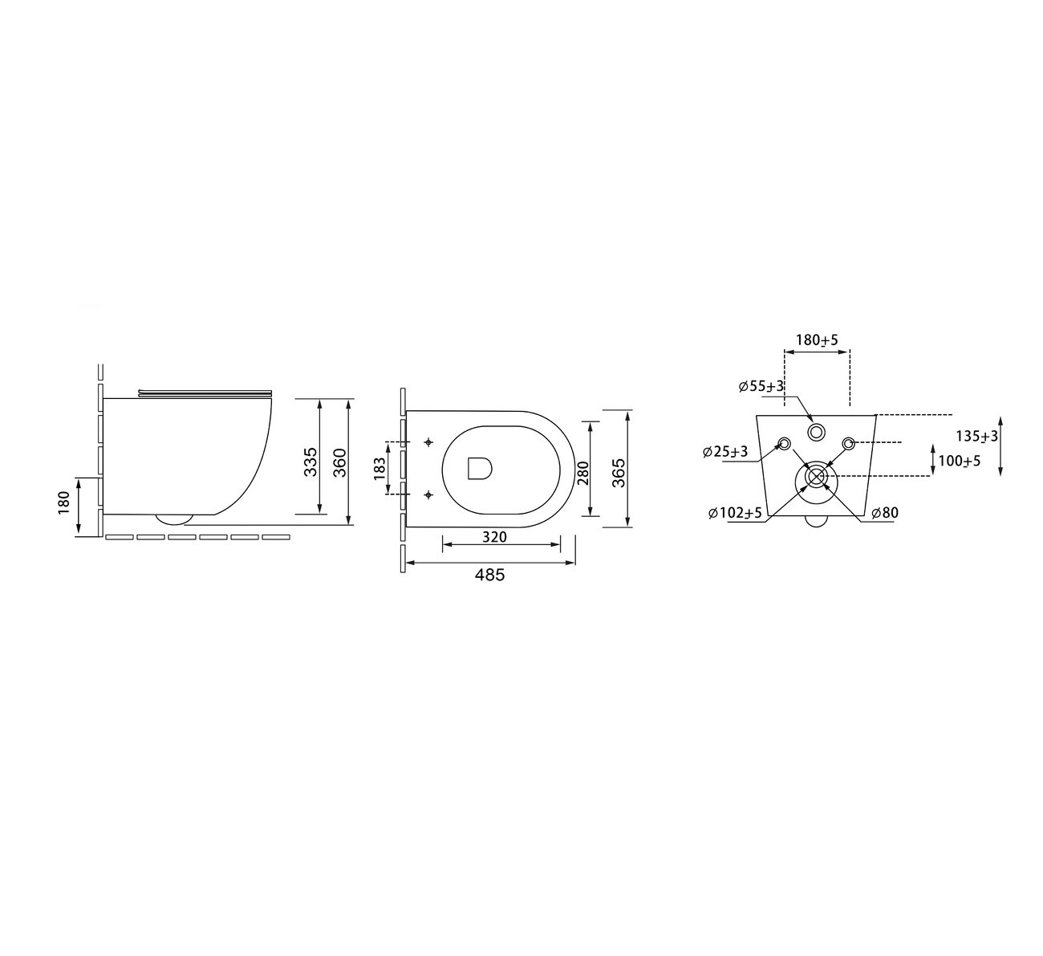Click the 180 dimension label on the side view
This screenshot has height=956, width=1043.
[x=64, y=502]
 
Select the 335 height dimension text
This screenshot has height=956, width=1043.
[x=310, y=462]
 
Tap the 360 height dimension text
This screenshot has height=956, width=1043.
[x=339, y=462]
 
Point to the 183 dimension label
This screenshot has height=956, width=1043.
[x=380, y=469]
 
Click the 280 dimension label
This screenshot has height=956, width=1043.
[x=584, y=473]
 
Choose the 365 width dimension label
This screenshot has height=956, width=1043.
[x=619, y=473]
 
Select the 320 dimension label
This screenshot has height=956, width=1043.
[x=494, y=536]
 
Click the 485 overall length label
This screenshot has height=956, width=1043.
[x=489, y=575]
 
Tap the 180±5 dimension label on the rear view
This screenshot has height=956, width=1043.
[x=817, y=340]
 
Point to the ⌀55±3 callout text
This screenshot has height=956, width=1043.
[x=761, y=387]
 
